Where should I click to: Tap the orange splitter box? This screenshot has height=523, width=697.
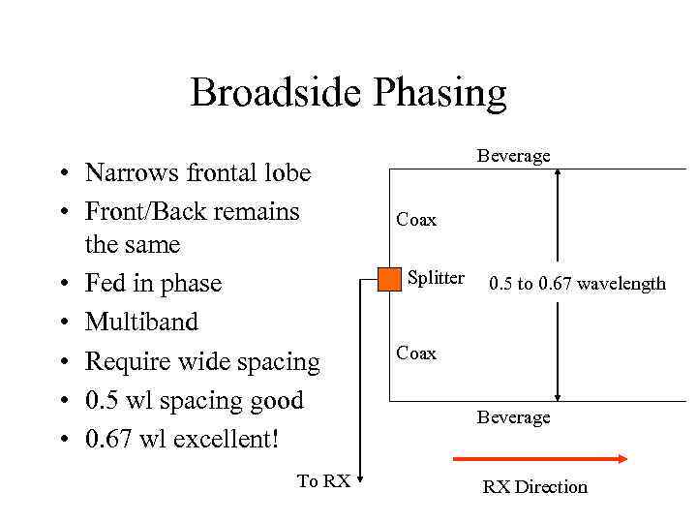point(389,280)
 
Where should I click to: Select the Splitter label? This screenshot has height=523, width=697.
point(436,278)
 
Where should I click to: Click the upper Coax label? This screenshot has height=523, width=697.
point(416,221)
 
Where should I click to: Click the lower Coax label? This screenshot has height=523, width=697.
point(416,354)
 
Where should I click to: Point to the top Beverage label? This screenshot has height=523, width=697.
point(513,156)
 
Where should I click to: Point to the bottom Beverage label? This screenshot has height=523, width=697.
point(513,417)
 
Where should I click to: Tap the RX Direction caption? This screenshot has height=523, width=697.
point(534,487)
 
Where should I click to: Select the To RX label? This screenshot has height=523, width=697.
point(323,481)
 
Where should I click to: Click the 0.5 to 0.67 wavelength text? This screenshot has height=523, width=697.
point(577,284)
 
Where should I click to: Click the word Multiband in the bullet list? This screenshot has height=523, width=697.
point(142,323)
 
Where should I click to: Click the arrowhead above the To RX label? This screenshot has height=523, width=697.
point(360,474)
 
